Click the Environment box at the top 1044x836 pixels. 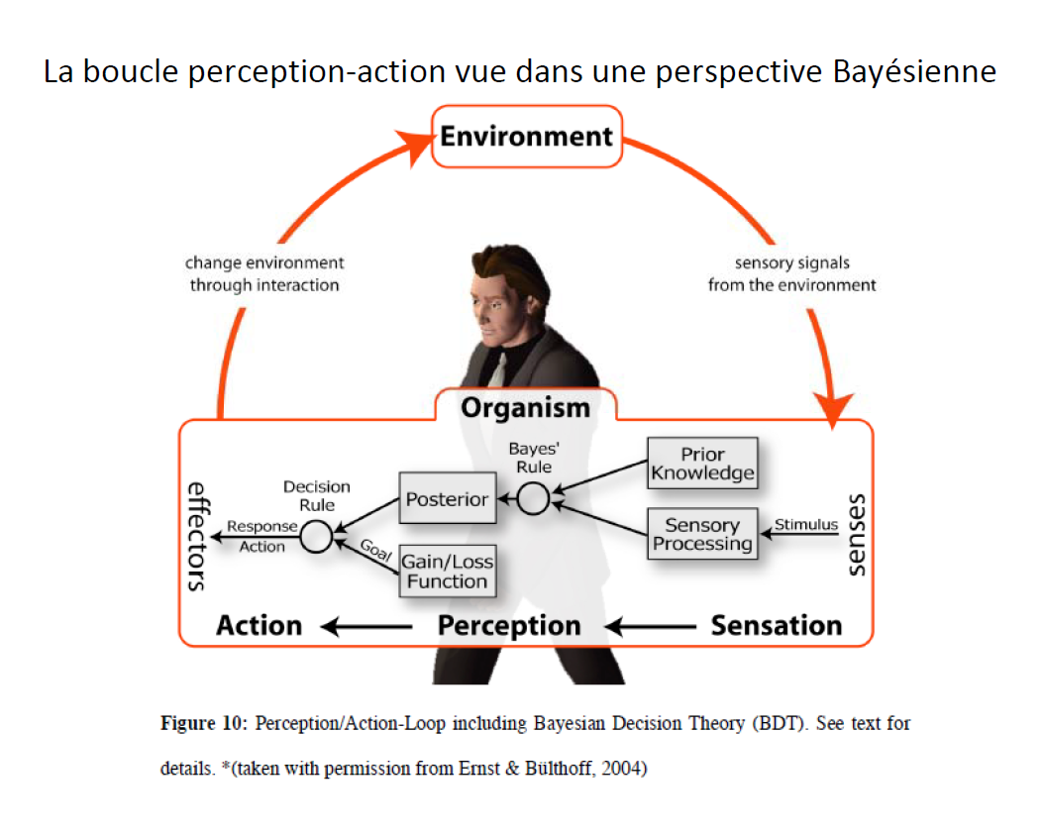click(x=527, y=137)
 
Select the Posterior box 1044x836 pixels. click(x=448, y=498)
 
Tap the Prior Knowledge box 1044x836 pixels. click(x=702, y=464)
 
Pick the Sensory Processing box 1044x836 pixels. click(x=702, y=534)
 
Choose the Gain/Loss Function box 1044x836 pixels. click(x=448, y=572)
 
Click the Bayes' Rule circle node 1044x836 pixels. click(x=533, y=498)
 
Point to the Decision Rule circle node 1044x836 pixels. click(x=316, y=537)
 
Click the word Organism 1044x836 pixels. click(x=525, y=408)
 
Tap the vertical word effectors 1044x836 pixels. click(x=197, y=537)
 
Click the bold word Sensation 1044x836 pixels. click(x=777, y=626)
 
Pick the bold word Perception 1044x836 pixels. click(x=509, y=626)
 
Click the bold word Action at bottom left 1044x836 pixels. click(x=259, y=626)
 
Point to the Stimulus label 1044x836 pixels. click(x=805, y=525)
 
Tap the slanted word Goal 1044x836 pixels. click(x=376, y=550)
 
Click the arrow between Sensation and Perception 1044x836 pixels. click(x=650, y=626)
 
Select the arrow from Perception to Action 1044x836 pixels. click(x=366, y=626)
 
